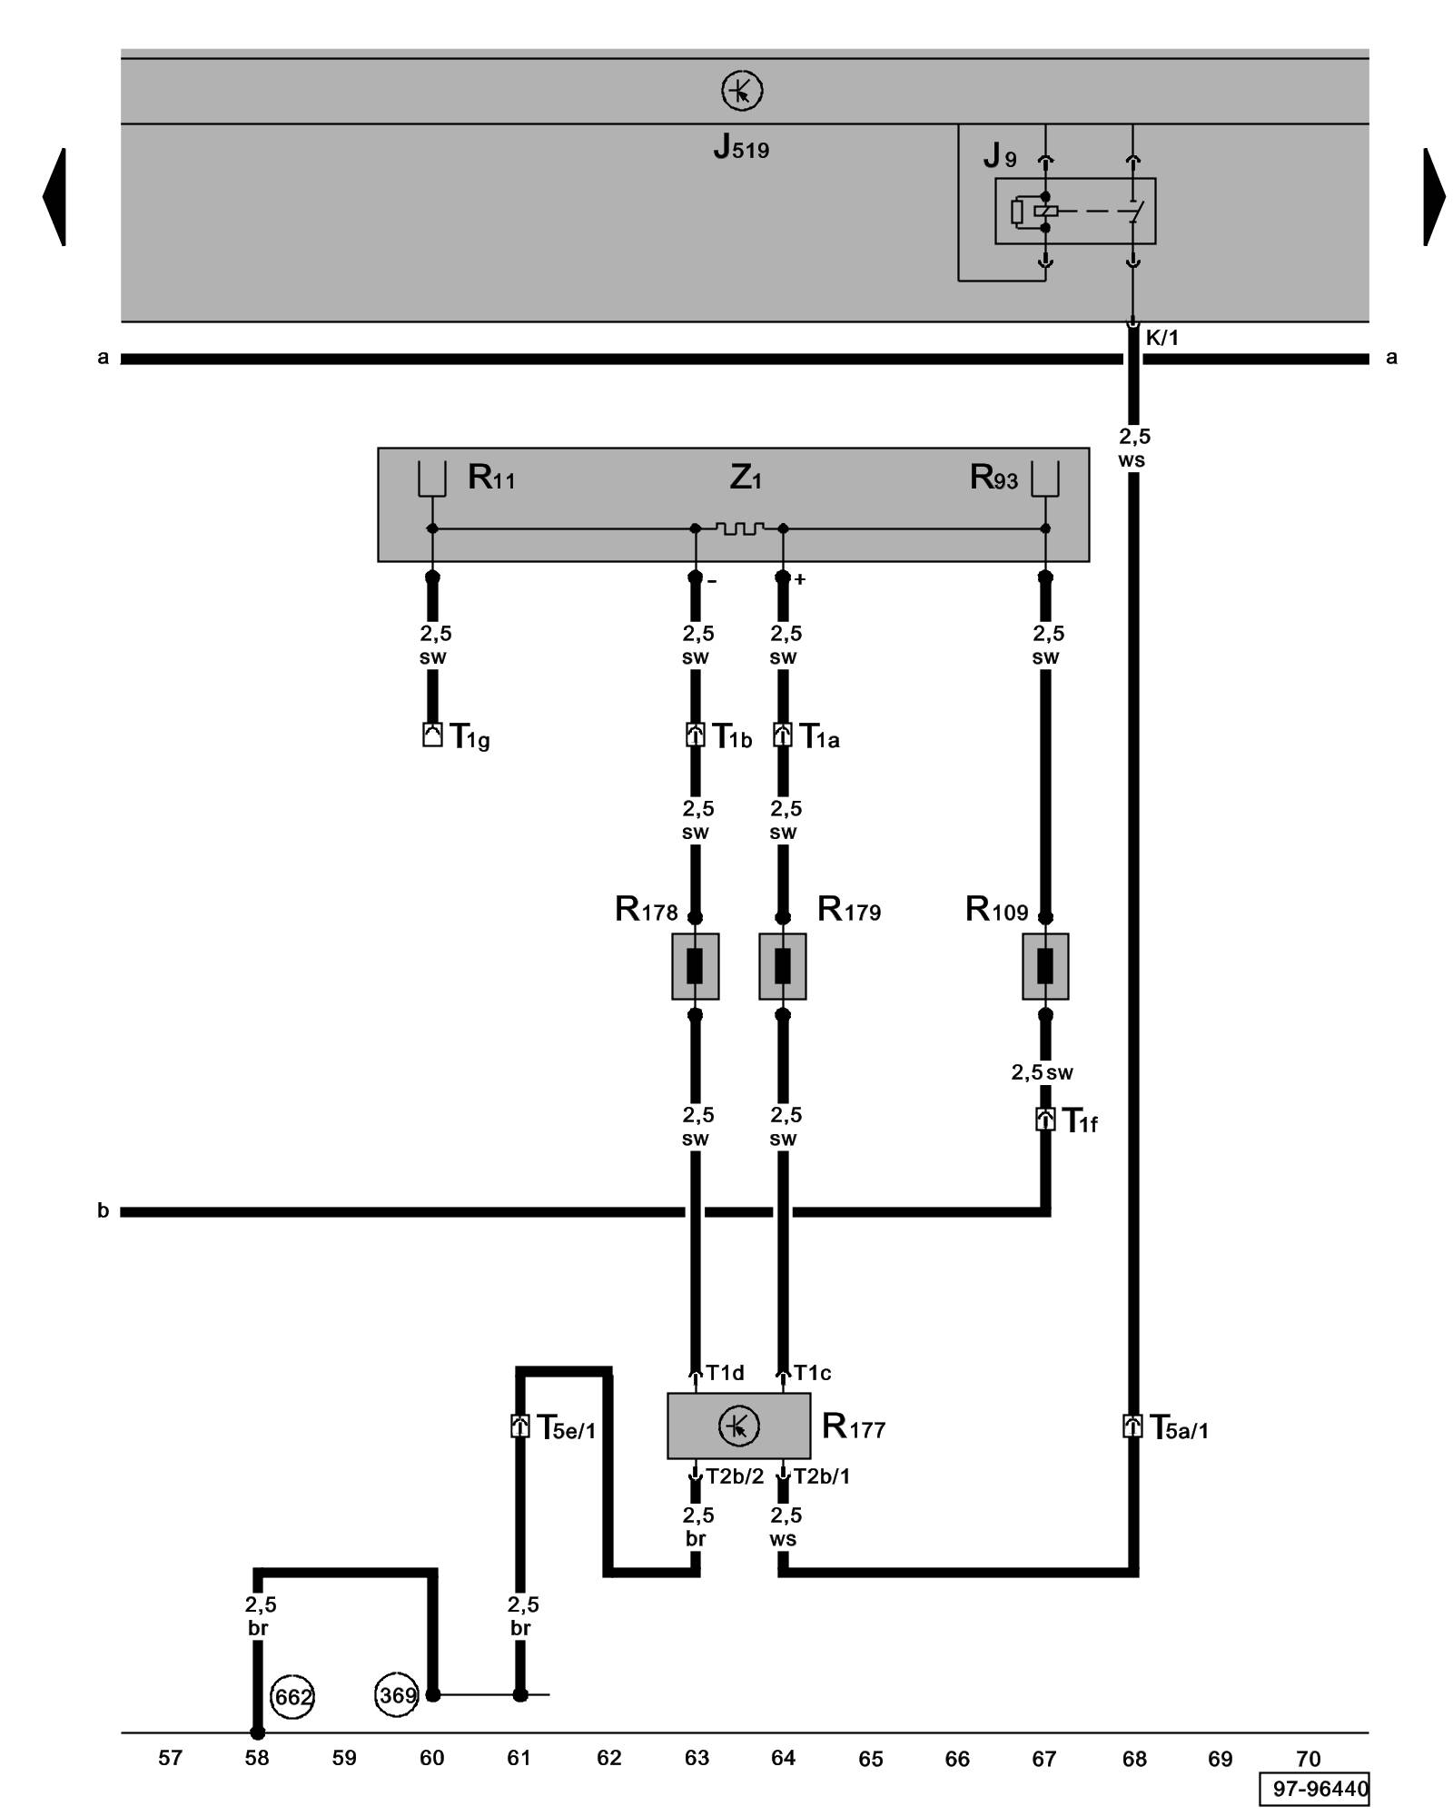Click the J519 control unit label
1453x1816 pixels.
click(741, 147)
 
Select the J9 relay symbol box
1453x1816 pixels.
click(1074, 211)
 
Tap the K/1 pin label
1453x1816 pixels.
click(1161, 339)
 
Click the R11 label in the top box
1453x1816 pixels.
click(491, 478)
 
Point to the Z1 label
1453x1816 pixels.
click(745, 478)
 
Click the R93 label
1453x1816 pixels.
click(993, 478)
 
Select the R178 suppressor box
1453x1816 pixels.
click(695, 966)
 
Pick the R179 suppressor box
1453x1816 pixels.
click(782, 966)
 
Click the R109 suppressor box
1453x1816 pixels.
click(1044, 966)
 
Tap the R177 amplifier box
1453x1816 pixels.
click(738, 1426)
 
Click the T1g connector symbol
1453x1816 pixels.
click(432, 735)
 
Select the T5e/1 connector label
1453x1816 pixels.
click(566, 1428)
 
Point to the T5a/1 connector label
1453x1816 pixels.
click(1179, 1428)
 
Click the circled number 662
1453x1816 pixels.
click(292, 1696)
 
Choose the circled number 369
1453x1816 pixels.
click(397, 1694)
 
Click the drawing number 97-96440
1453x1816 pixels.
click(1320, 1789)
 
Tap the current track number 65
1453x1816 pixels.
click(870, 1759)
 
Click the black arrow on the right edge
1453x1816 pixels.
click(1433, 196)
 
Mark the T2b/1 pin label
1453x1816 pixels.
click(822, 1476)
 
